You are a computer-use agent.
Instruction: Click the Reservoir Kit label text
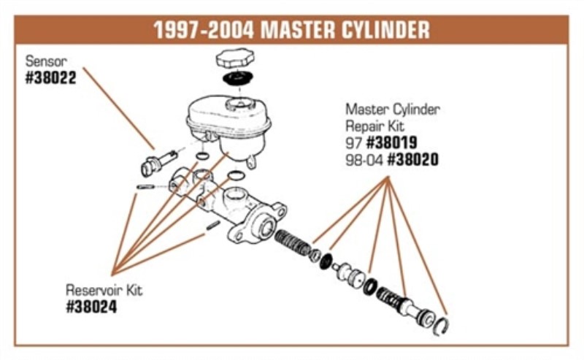104,291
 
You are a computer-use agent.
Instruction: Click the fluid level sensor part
158,161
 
